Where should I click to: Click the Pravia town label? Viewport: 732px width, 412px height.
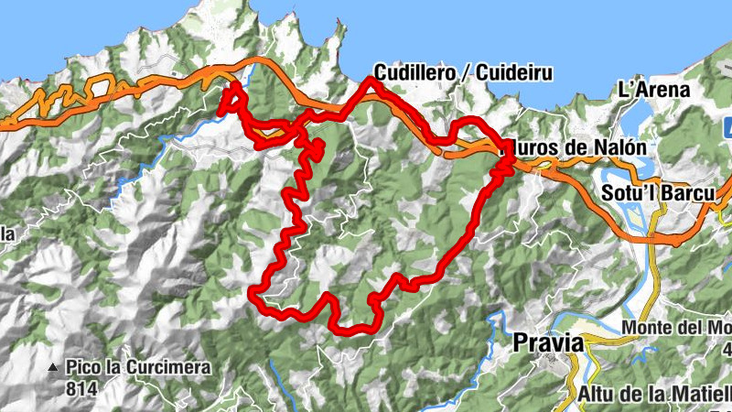click(548, 342)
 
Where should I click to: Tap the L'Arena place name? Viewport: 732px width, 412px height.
click(653, 91)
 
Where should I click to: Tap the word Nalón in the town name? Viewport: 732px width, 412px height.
click(622, 146)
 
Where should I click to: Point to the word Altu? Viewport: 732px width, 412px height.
click(597, 395)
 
